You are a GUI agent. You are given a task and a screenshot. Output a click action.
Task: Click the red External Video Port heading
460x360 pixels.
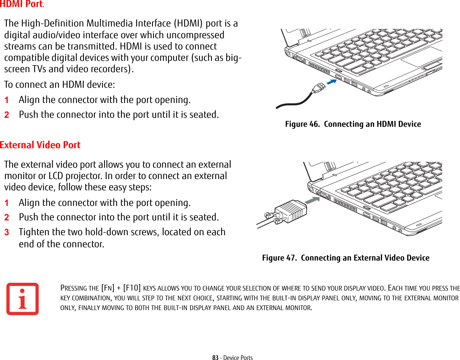coord(40,145)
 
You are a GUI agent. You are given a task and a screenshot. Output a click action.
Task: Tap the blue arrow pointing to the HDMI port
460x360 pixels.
coord(331,82)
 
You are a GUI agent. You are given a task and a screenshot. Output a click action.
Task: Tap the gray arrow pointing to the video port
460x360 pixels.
coord(311,200)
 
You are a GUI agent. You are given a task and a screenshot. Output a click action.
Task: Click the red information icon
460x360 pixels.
coord(22,299)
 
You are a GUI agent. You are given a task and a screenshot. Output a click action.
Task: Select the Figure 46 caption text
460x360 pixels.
coord(353,124)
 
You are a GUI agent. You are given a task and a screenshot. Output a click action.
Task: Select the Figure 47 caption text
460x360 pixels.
coord(345,258)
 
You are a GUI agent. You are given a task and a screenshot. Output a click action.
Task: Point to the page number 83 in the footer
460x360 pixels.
coord(215,357)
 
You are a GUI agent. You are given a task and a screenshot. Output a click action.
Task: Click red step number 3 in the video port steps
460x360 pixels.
coord(6,232)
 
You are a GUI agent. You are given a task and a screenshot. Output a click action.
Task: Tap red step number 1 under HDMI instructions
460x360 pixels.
coord(6,100)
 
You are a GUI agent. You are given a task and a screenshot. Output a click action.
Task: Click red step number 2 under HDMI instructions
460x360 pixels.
coord(6,115)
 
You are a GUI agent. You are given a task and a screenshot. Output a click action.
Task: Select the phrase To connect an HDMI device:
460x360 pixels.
coord(59,85)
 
